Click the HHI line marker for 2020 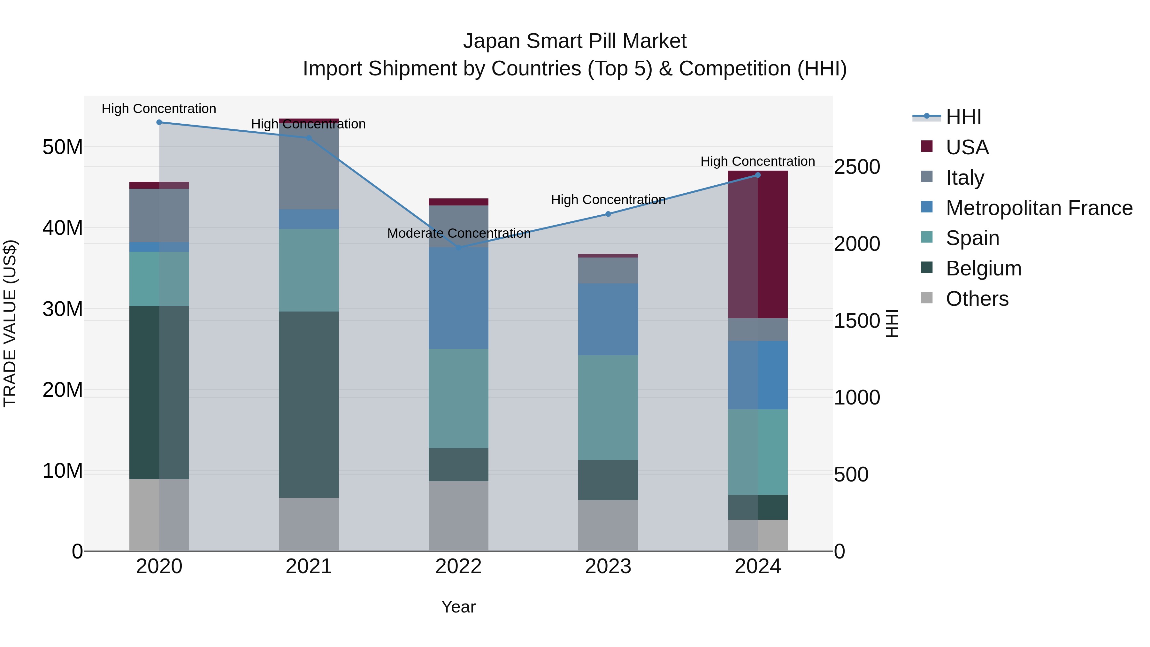pos(159,122)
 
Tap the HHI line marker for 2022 pos(458,248)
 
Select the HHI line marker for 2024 pos(758,175)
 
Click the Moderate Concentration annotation pos(458,233)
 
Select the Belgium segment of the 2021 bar pos(309,404)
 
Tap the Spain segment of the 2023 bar pos(608,407)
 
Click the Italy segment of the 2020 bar pos(159,215)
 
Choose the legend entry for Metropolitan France pos(1039,208)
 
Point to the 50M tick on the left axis pos(63,147)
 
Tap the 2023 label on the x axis pos(608,566)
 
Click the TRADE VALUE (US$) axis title pos(10,323)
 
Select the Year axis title pos(458,607)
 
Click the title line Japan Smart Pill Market pos(575,41)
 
